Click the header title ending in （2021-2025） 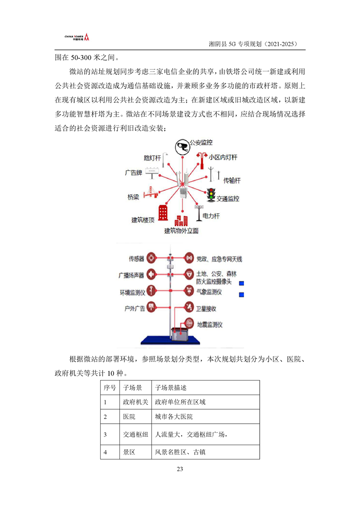coord(252,44)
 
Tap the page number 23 coord(180,469)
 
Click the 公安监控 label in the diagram coord(201,142)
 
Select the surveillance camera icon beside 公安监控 coord(182,146)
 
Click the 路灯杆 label coord(152,158)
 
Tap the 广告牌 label coord(134,173)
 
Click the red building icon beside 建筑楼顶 coord(163,212)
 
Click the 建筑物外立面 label coord(181,231)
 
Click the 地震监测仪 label coord(209,325)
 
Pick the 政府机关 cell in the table coord(135,402)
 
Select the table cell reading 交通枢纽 coord(135,435)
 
